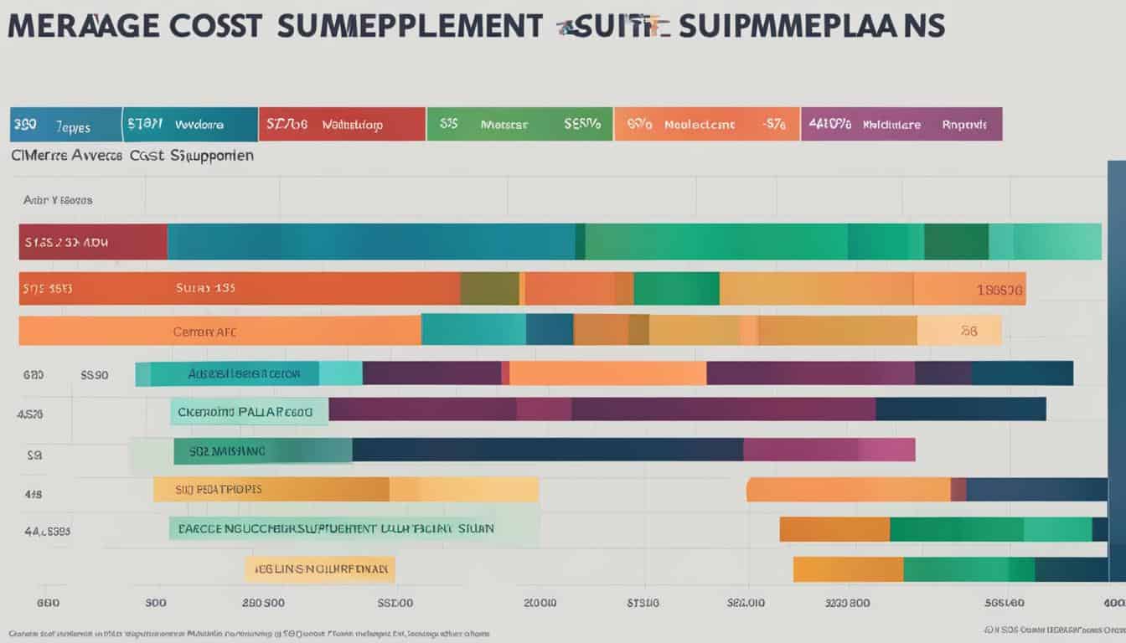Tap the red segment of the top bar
[93, 242]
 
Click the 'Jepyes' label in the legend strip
[72, 125]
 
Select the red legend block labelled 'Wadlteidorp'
[342, 124]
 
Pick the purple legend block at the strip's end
[901, 124]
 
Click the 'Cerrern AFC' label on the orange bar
[204, 332]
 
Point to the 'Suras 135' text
[205, 287]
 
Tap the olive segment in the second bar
[489, 288]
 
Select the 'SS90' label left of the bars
[95, 375]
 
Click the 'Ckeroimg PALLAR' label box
[250, 412]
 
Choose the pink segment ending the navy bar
[829, 450]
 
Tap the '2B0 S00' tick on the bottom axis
[263, 602]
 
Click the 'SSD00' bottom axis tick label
[395, 602]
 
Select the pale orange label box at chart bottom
[319, 570]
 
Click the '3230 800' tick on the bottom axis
[848, 602]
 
